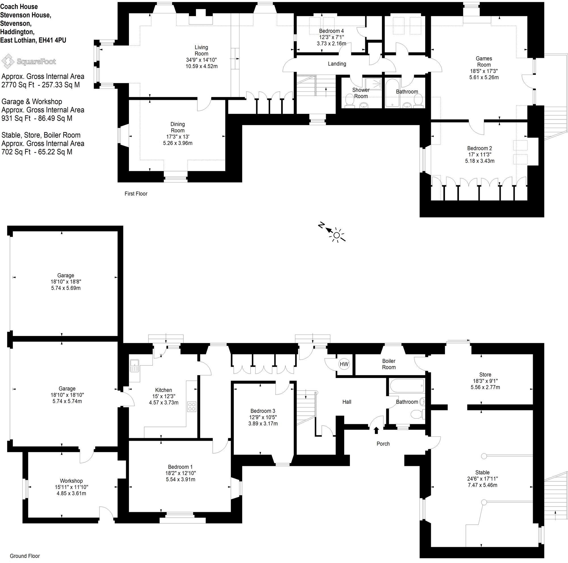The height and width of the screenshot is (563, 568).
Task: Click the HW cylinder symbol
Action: tap(344, 364)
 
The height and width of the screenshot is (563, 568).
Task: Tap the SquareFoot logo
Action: tap(28, 61)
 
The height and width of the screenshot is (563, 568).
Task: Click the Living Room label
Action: tap(201, 51)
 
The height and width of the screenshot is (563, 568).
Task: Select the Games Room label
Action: tap(484, 62)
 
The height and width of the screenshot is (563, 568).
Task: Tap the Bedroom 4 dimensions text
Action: tap(331, 40)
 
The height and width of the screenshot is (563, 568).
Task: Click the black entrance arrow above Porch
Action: tap(376, 430)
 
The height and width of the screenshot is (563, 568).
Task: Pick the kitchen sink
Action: tap(134, 366)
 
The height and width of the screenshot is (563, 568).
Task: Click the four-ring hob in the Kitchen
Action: tap(192, 406)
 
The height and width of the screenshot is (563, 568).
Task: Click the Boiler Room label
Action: tap(389, 364)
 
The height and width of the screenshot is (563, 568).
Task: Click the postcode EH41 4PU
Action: tap(52, 40)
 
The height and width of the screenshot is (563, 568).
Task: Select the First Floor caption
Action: tap(136, 194)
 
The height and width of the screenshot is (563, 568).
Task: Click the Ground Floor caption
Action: tap(25, 556)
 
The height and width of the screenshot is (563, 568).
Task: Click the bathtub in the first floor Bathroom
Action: tap(391, 93)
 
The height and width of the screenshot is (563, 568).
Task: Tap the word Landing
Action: tap(337, 64)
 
